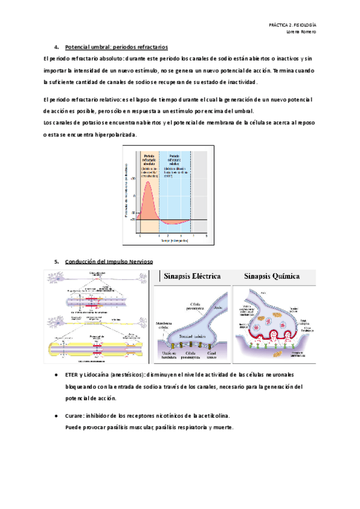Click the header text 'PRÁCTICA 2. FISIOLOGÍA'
tap(292, 25)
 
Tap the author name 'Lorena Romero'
tap(302, 32)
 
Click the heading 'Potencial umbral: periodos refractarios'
tap(116, 47)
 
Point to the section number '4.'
tap(56, 47)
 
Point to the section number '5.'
tap(56, 262)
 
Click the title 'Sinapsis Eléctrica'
tap(192, 277)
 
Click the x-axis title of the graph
tap(172, 241)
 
